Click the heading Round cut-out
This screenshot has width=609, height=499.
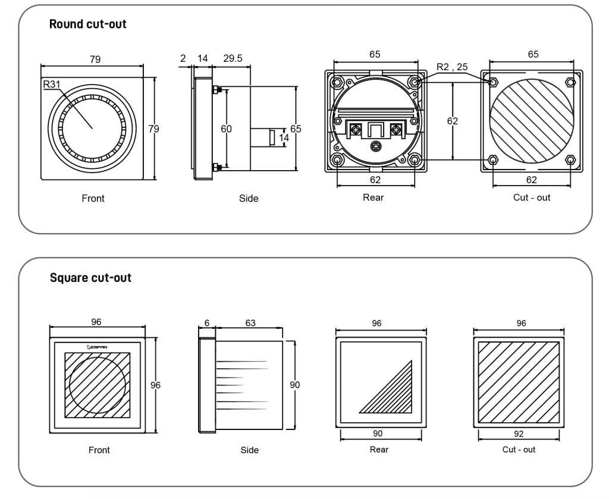tap(88, 24)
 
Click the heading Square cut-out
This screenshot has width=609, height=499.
tap(90, 278)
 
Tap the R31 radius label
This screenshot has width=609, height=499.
tap(52, 84)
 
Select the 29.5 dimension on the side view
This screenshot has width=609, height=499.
tap(233, 58)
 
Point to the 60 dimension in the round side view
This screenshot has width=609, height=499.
tap(226, 128)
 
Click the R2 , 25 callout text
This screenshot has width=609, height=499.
tap(452, 67)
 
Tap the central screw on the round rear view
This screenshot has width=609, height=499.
tap(376, 146)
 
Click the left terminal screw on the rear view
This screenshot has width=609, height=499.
tap(356, 129)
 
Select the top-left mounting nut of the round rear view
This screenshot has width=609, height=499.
tap(337, 82)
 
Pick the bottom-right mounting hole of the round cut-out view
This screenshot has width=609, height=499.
tap(570, 159)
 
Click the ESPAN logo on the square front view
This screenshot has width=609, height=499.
tap(97, 347)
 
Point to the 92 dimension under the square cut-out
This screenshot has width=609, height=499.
tap(519, 434)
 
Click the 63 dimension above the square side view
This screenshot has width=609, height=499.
tap(250, 323)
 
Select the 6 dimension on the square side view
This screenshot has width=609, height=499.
tap(207, 323)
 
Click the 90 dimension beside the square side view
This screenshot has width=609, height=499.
tap(295, 385)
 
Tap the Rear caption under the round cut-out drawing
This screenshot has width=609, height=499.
tap(373, 197)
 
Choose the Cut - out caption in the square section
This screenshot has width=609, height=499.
tap(519, 449)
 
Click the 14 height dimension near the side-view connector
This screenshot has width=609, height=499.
tap(284, 138)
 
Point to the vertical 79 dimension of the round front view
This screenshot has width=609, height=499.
tap(154, 128)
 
